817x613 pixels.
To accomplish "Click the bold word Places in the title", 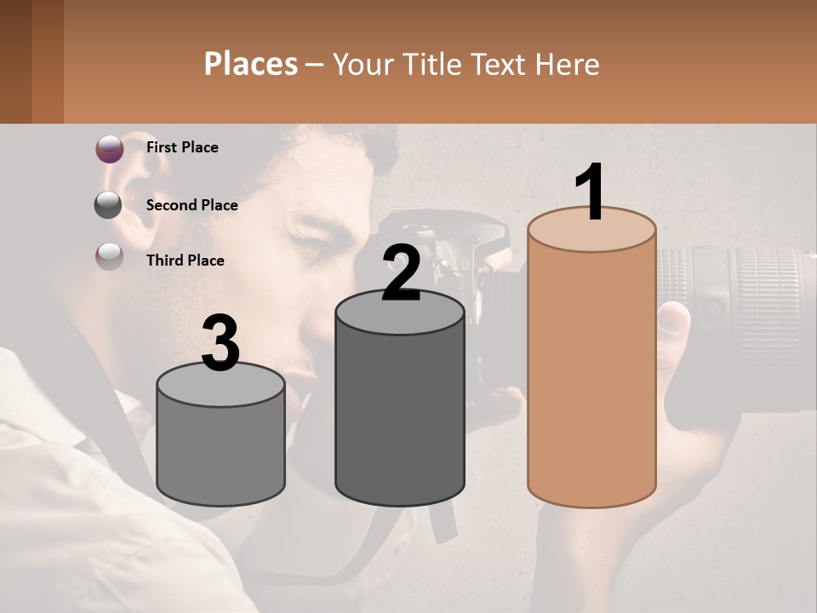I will point(251,64).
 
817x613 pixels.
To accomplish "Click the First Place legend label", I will point(182,147).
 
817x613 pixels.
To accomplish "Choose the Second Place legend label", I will point(191,205).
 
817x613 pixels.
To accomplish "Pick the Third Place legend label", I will point(185,261).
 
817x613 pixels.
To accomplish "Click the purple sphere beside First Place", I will point(109,149).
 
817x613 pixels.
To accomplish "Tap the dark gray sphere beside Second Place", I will point(109,204).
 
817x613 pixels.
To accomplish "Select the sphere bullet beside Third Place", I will point(109,255).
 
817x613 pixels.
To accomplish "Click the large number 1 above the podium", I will point(591,192).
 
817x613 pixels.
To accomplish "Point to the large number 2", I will point(402,272).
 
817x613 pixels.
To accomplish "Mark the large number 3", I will point(221,343).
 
